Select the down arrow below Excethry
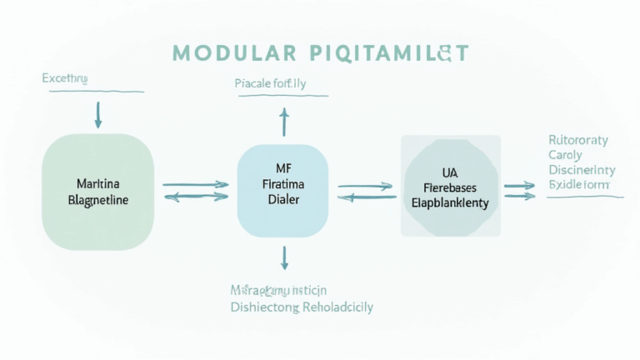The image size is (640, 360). coord(98,114)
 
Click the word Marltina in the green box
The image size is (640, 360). coord(97,182)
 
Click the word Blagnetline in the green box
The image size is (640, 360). coord(97,200)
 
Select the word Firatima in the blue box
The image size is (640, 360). coord(284,182)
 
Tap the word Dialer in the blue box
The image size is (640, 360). coord(284,200)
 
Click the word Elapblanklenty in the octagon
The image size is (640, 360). coord(450,202)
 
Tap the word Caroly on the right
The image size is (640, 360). coord(566,155)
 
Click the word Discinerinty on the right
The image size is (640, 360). coord(581,169)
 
